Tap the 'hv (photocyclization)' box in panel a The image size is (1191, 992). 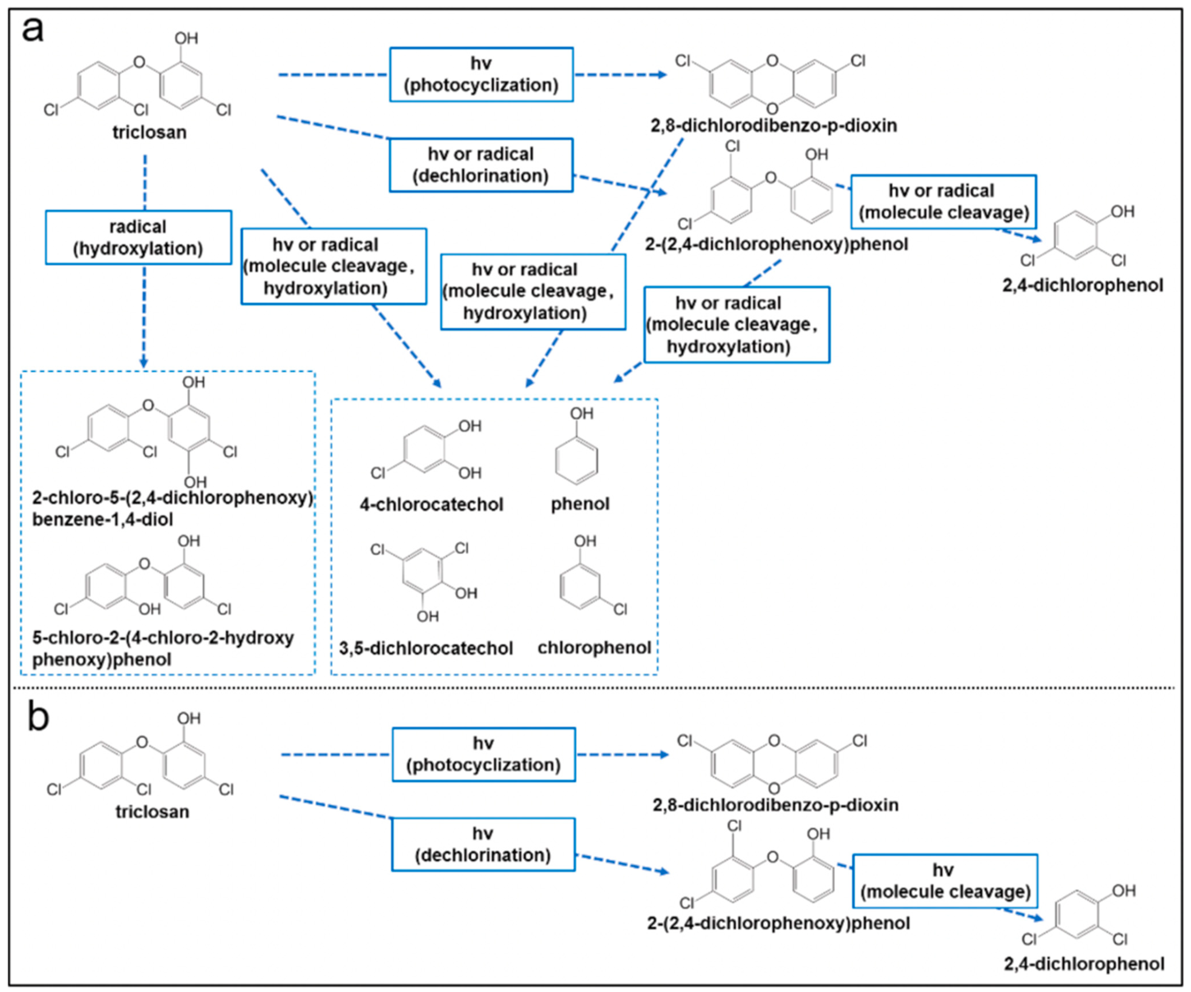point(481,74)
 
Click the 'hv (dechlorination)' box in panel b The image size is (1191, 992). point(483,844)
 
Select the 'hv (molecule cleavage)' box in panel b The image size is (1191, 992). point(945,881)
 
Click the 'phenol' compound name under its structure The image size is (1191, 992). point(580,504)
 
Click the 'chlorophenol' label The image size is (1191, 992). point(594,647)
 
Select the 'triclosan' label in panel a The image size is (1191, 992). point(149,132)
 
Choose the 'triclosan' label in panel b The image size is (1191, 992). point(152,812)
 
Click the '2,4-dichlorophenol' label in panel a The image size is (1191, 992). point(1082,285)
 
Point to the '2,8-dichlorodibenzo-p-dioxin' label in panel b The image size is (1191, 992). point(775,805)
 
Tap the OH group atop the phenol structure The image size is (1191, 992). point(581,413)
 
